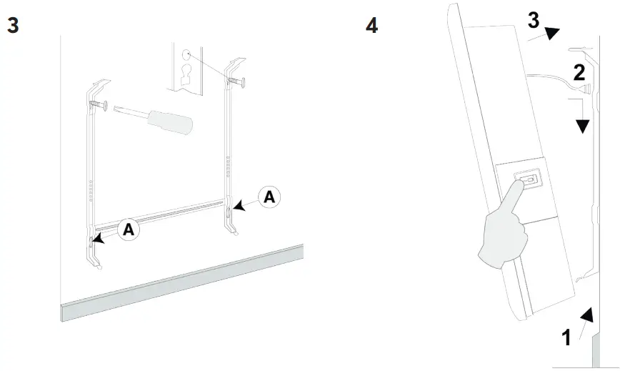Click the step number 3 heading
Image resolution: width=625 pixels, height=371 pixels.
click(x=13, y=26)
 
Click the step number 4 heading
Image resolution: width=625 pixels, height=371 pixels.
click(x=371, y=26)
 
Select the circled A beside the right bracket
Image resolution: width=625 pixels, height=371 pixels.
click(x=269, y=197)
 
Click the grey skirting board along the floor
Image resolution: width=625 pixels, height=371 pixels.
click(x=179, y=282)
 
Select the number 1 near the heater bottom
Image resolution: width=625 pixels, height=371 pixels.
click(x=566, y=337)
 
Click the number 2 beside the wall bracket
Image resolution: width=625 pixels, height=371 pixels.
click(x=579, y=71)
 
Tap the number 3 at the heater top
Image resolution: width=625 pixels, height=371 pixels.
click(x=533, y=21)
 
